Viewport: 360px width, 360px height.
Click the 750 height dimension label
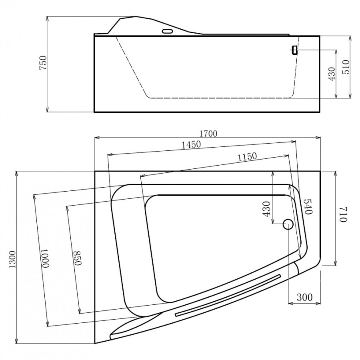[43, 63]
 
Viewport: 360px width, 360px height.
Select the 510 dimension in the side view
[346, 67]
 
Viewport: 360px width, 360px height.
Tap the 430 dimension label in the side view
[332, 74]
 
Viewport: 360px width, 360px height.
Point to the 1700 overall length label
[208, 133]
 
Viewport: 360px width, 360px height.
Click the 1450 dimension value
[191, 145]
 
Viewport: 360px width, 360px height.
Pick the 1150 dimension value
[247, 157]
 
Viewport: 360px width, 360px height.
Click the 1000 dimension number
[45, 258]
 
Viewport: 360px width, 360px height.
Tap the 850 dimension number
[78, 258]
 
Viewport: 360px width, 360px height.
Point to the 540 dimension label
[308, 207]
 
